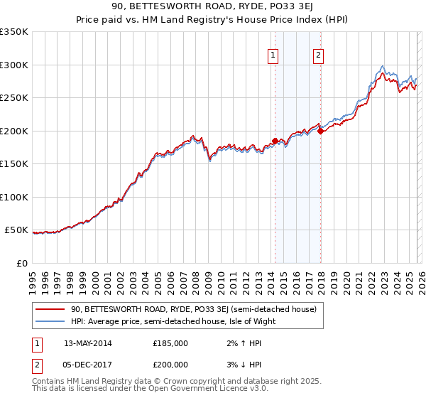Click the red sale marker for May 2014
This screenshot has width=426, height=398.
point(275,141)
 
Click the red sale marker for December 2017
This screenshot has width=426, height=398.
point(320,131)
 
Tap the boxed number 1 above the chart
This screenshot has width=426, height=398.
point(273,55)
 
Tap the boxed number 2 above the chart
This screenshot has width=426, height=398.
point(319,55)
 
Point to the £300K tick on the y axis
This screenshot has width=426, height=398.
point(14,65)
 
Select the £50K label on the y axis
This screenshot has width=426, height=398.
point(16,230)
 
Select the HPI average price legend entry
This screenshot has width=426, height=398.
point(173,321)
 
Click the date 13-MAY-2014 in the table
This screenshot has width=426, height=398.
point(87,343)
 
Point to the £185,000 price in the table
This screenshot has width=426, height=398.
point(170,343)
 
